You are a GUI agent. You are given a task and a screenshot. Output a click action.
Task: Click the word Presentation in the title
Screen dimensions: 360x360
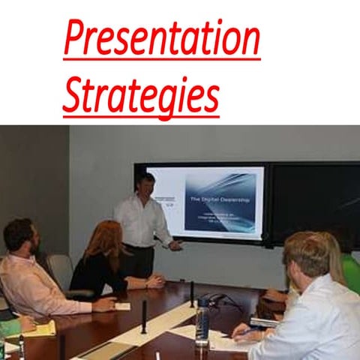(x=161, y=39)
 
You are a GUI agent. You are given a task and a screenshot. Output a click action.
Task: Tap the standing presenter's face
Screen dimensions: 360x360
(x=145, y=184)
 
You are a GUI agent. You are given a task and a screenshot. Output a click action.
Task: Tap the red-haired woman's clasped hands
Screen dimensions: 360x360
(x=153, y=282)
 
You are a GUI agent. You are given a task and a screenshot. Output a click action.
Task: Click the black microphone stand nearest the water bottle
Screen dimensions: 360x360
(x=190, y=294)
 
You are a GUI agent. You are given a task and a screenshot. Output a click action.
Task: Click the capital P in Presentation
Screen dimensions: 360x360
(x=76, y=39)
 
